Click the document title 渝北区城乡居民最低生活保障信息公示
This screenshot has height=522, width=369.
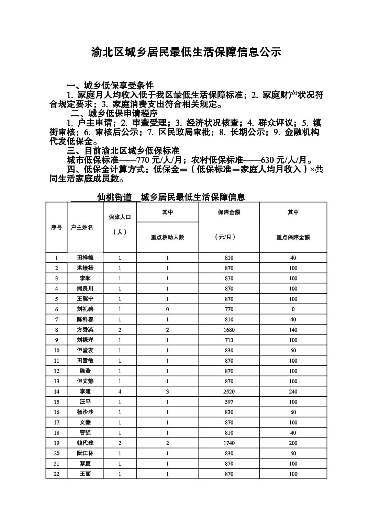point(186,52)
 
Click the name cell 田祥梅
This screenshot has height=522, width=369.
point(85,258)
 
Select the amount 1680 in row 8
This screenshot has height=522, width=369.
point(229,330)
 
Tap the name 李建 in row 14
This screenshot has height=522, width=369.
point(85,391)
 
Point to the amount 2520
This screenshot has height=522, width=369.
point(229,391)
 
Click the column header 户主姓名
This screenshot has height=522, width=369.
point(82,227)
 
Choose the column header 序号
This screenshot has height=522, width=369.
point(56,227)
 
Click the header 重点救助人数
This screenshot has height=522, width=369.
point(167,237)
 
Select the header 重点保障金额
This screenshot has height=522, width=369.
point(293,237)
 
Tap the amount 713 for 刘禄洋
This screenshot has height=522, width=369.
point(229,340)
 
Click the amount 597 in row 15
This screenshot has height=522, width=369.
point(229,402)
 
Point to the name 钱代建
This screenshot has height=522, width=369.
point(85,443)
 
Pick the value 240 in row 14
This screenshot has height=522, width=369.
point(293,391)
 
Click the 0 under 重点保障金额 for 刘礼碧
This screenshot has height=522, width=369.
point(293,309)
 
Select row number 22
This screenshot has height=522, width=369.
point(56,474)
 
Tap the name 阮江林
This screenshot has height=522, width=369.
point(85,453)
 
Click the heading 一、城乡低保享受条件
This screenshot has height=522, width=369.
point(110,86)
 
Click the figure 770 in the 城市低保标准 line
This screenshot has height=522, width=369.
point(142,160)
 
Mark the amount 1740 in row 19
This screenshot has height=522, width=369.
point(229,443)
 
